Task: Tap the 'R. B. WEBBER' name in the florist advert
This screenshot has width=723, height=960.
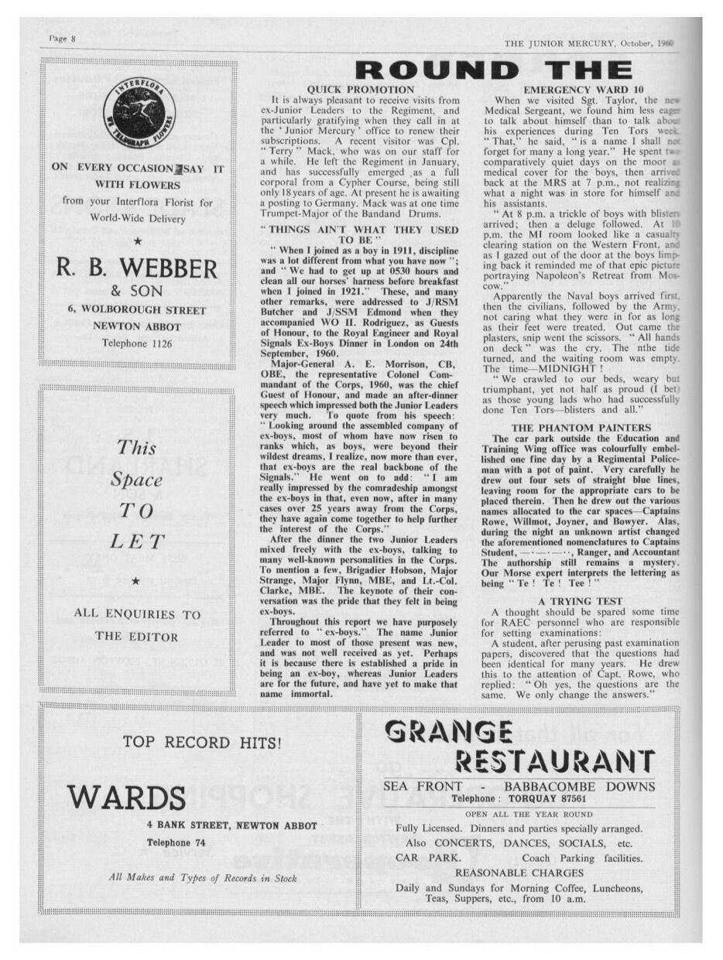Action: [137, 270]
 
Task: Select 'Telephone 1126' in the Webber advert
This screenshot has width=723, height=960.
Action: [137, 343]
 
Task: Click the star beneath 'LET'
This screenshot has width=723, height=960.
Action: [136, 581]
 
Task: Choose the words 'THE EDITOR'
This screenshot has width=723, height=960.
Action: [137, 637]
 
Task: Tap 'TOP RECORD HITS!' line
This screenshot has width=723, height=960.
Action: [201, 744]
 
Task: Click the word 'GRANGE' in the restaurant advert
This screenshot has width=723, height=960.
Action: [447, 729]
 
